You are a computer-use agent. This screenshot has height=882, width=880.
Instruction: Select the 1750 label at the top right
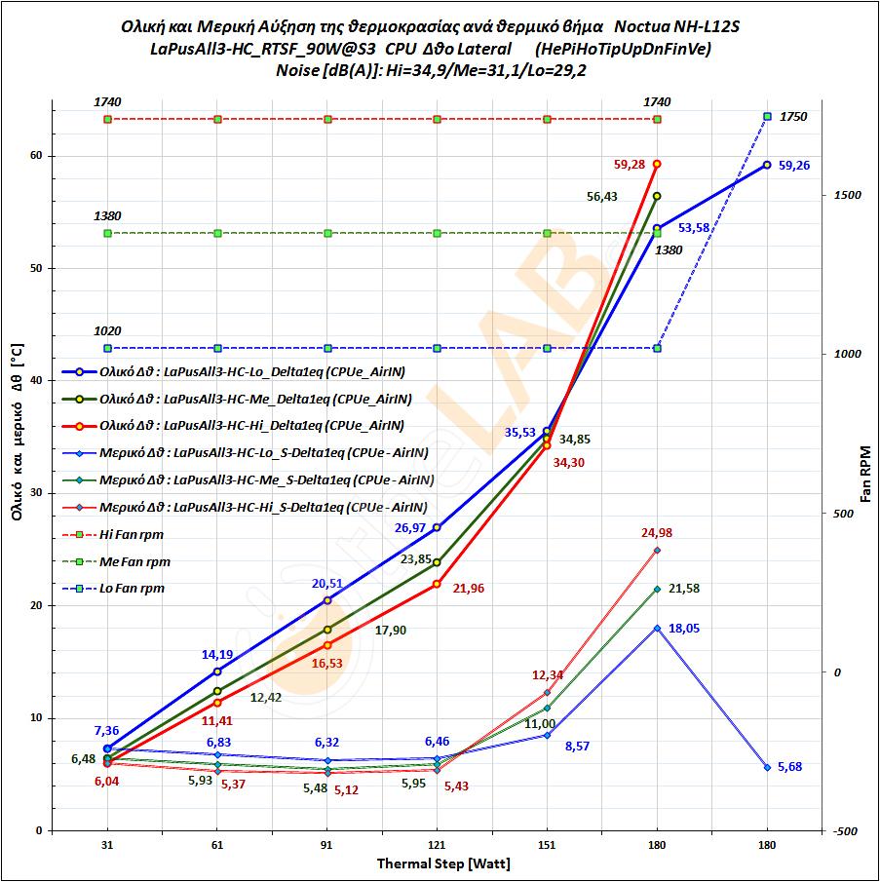click(794, 117)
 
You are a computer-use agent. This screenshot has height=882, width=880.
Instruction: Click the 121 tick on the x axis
click(437, 847)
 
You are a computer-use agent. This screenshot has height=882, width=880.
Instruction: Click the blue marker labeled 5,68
click(767, 767)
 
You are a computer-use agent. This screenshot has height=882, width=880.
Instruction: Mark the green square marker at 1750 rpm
click(767, 116)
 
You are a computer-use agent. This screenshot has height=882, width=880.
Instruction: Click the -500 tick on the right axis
click(844, 831)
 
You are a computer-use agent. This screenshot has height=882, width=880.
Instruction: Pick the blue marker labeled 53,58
click(657, 227)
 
